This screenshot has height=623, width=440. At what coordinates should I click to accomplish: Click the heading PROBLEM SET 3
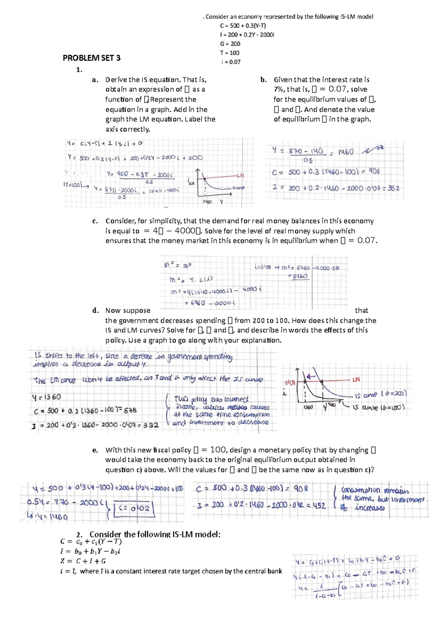(x=91, y=58)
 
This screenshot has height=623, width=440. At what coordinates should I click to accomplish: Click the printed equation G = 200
(x=230, y=44)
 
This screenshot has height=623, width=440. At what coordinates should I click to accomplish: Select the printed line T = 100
(x=230, y=53)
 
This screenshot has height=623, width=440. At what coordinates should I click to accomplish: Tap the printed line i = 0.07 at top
(x=231, y=62)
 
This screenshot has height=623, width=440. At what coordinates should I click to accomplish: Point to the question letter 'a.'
(x=95, y=80)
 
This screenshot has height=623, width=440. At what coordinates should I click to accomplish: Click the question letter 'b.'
(x=263, y=80)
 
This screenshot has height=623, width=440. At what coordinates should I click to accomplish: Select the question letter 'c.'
(x=95, y=221)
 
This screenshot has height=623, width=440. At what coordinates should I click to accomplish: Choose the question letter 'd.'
(x=95, y=310)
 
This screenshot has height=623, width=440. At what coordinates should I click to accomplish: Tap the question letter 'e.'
(x=95, y=450)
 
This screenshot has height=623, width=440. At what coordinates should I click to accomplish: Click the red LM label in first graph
(x=240, y=176)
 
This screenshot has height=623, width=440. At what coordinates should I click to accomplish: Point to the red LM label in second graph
(x=356, y=380)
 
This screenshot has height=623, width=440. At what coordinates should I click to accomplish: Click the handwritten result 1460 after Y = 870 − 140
(x=345, y=152)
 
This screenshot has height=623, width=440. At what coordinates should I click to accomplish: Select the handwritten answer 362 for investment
(x=393, y=188)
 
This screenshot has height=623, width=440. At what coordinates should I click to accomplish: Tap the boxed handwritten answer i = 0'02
(x=134, y=509)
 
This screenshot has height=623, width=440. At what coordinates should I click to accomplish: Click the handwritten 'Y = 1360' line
(x=47, y=397)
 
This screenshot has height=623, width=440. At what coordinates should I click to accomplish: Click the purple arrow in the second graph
(x=311, y=376)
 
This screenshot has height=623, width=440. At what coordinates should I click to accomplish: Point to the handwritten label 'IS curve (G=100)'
(x=379, y=407)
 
